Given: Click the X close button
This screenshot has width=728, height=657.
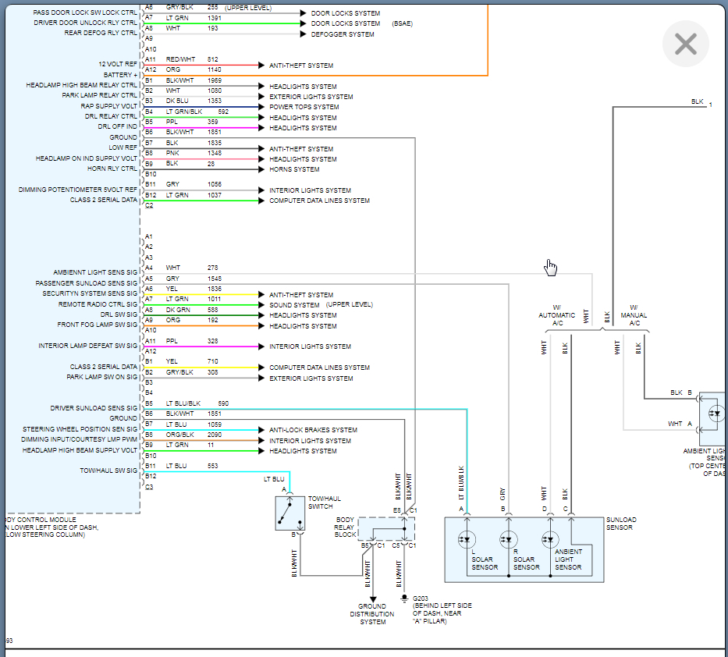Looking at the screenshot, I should coord(685,44).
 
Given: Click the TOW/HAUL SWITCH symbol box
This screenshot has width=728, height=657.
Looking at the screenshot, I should coord(289,513).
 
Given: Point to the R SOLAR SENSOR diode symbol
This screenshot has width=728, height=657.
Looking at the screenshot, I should coord(509,538).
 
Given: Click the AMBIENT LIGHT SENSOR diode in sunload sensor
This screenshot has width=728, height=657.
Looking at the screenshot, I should coord(551,538).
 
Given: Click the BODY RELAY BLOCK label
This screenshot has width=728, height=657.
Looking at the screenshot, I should coord(345,527).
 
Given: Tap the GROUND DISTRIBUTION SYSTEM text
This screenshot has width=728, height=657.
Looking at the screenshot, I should coord(372,614).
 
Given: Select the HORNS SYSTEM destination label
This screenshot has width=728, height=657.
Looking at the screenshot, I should coord(294,169).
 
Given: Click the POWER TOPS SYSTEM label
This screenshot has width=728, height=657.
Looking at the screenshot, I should coord(304,107).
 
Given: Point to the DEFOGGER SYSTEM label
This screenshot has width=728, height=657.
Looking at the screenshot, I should coord(343,34).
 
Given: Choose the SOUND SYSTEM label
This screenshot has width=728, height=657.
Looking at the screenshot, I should coord(294,305).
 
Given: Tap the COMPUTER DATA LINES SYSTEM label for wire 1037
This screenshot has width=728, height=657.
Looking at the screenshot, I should coord(319,201).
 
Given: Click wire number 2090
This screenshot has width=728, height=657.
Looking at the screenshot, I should coord(214,435).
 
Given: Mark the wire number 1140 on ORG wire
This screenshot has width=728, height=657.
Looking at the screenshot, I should coord(214,69).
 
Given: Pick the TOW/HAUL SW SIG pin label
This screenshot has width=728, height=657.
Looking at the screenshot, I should coord(108,471).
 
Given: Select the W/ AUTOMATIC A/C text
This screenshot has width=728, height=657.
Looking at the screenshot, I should coord(556,315).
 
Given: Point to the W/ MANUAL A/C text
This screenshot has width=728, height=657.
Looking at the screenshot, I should coord(634,315).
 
